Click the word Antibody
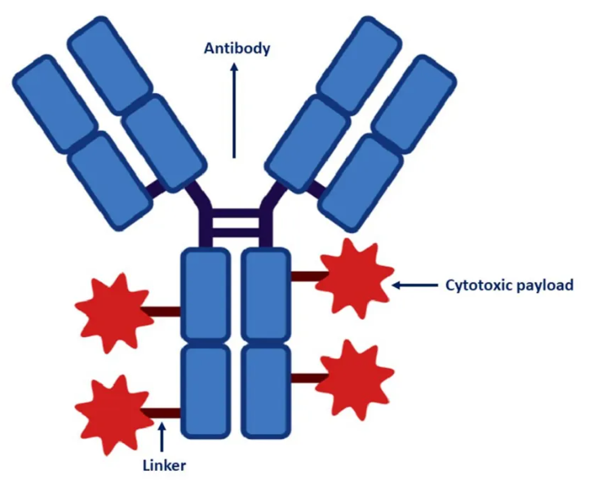click(x=236, y=48)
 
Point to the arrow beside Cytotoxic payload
click(x=415, y=285)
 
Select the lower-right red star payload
click(x=353, y=378)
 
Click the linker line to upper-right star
click(x=306, y=276)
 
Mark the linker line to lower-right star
click(x=306, y=378)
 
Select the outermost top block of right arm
click(x=416, y=102)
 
